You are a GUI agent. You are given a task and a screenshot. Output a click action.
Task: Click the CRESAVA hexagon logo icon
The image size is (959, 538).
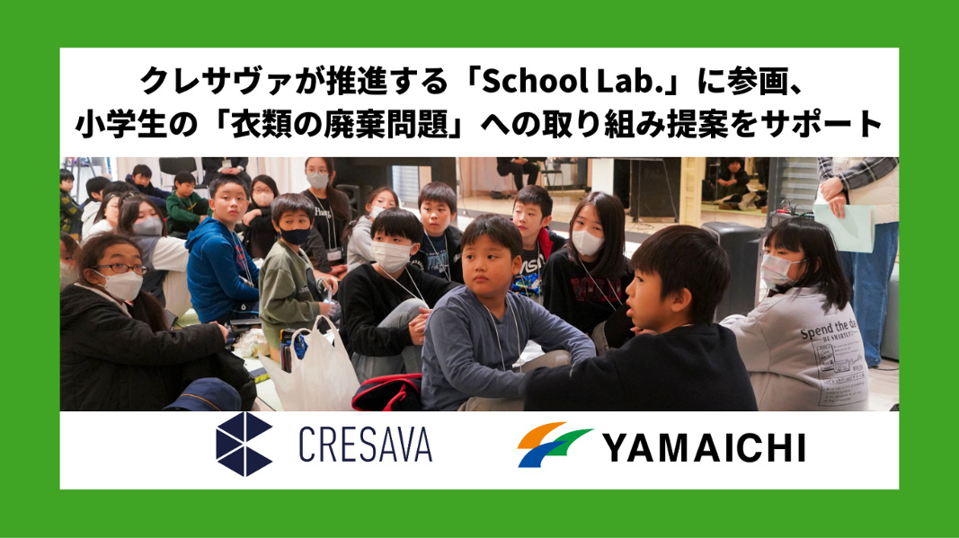coord(244,445)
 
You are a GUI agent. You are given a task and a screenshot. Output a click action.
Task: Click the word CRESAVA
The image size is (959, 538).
coord(365,445)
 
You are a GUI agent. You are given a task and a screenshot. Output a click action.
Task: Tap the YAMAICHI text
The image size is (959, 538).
coord(704,448)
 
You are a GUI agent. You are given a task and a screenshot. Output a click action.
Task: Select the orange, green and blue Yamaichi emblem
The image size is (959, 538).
coord(554,445)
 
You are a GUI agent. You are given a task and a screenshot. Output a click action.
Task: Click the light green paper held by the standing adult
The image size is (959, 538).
coord(844,226)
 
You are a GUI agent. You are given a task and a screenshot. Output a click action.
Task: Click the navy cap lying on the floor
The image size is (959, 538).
coord(204,395)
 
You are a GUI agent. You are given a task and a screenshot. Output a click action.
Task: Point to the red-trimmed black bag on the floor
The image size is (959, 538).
coord(387,392)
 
